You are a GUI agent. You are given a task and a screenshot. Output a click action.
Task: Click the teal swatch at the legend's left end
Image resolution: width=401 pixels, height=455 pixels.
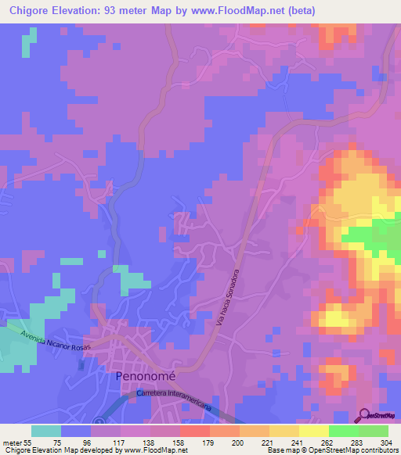46,431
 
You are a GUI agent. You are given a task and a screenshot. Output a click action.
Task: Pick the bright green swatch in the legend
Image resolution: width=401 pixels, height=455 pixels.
343,431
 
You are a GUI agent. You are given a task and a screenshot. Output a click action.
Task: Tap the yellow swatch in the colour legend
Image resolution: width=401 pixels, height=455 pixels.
284,431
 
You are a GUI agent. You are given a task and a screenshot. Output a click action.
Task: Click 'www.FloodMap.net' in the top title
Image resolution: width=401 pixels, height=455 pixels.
257,11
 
